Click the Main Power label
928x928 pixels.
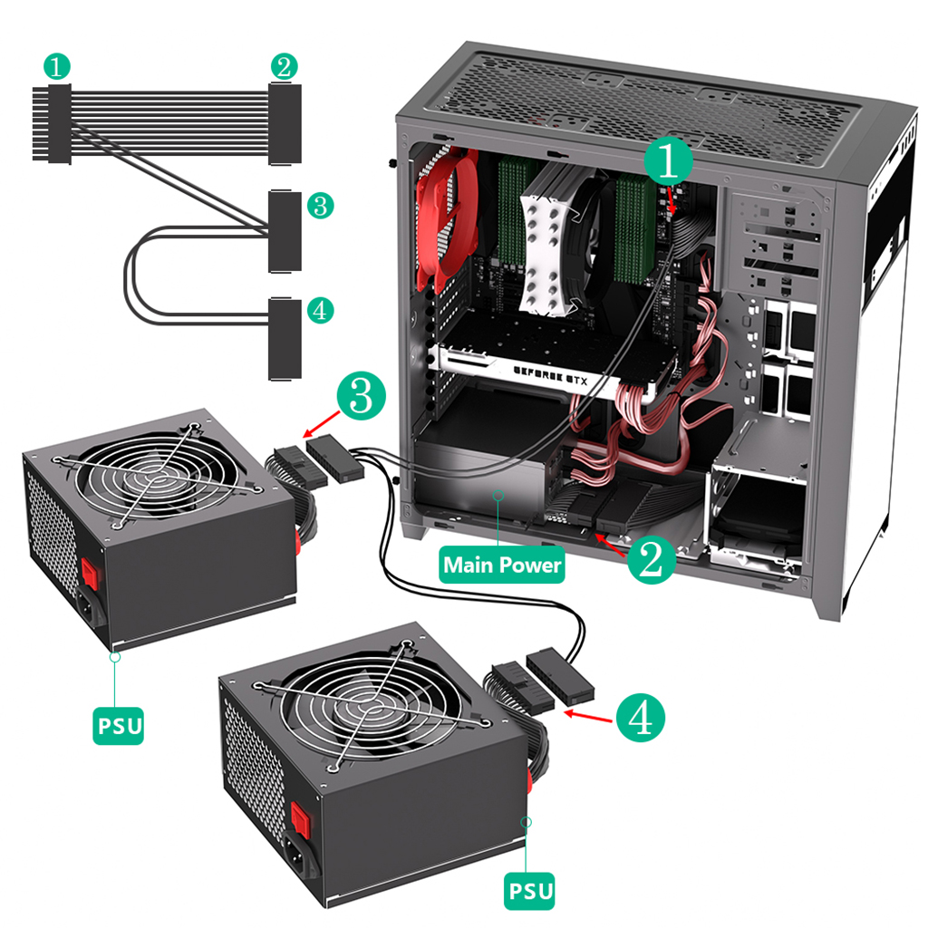point(501,565)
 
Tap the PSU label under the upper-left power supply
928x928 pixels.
point(118,726)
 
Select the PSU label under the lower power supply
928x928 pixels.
point(528,890)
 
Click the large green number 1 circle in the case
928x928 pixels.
point(669,162)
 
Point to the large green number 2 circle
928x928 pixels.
point(651,560)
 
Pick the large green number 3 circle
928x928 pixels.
point(361,397)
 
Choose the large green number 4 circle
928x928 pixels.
point(640,719)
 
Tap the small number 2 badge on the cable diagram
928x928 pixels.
point(284,66)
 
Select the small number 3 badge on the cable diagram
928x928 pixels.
point(319,205)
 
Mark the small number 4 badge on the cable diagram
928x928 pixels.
point(319,311)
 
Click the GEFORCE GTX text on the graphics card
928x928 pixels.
point(550,379)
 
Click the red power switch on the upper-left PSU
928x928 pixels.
point(90,572)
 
